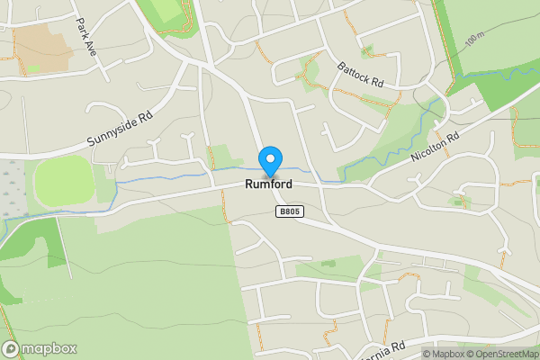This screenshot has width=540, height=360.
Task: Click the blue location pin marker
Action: (269, 161)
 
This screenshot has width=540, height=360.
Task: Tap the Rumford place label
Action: (267, 184)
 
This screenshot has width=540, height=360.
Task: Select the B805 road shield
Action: (289, 211)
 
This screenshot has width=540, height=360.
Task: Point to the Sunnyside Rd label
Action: (121, 130)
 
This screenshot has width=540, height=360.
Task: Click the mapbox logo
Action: (40, 348)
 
